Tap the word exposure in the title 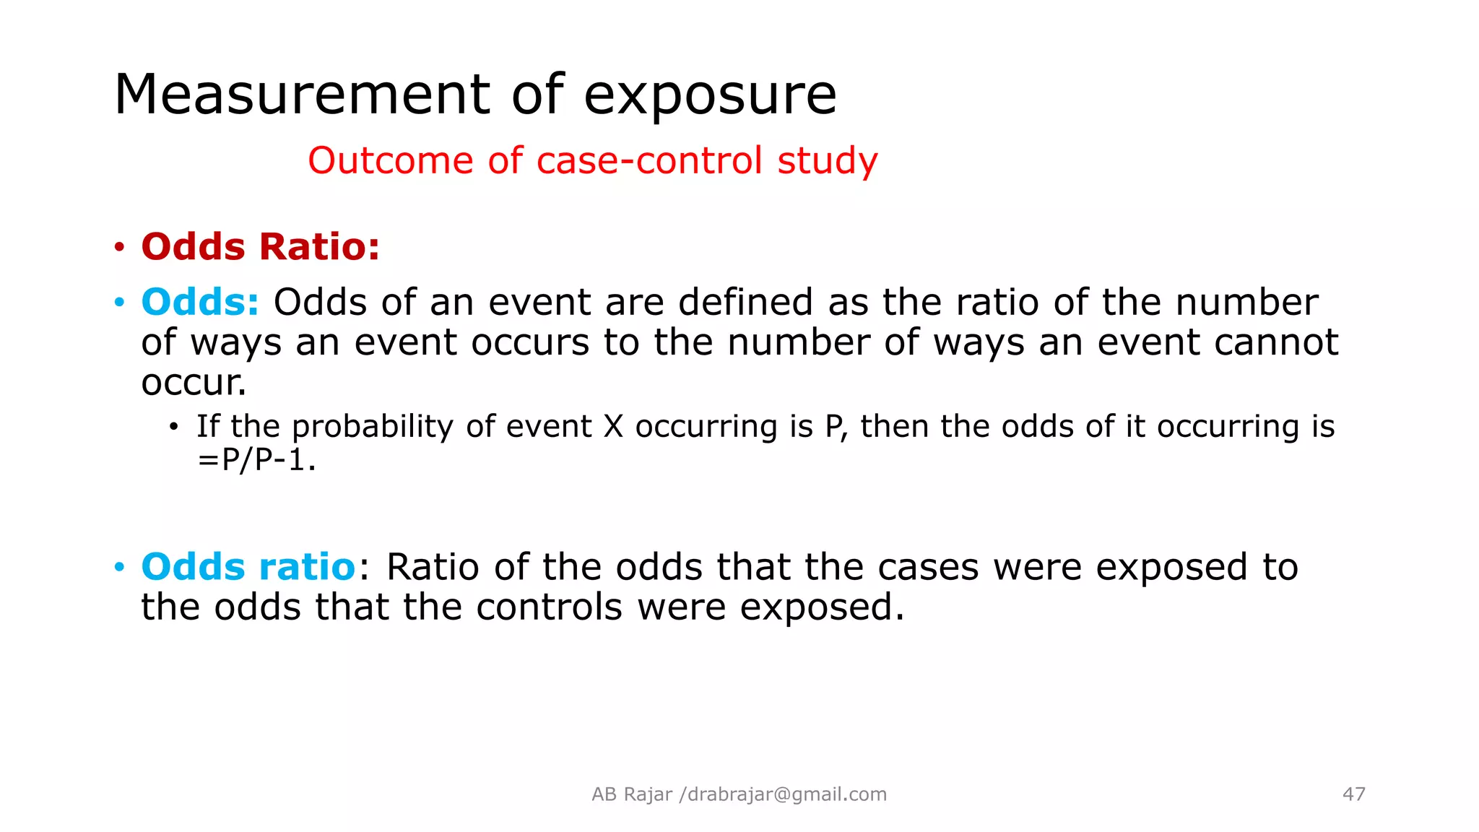point(710,96)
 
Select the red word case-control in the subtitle point(649,160)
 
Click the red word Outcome point(391,160)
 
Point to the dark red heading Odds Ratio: point(260,247)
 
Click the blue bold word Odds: point(200,302)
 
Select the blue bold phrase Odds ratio point(248,567)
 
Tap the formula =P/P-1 point(256,460)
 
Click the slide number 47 point(1353,794)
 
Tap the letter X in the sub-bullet point(613,427)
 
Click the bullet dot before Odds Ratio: point(120,248)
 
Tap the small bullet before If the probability point(173,428)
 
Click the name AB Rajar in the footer point(632,794)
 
